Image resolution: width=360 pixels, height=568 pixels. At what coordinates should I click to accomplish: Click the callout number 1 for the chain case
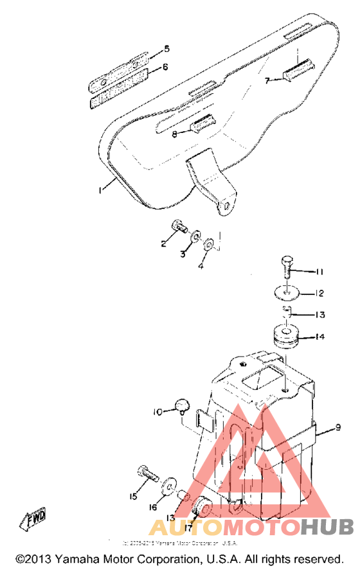pyautogui.click(x=101, y=190)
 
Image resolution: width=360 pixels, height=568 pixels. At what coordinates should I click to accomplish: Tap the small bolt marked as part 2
pyautogui.click(x=178, y=226)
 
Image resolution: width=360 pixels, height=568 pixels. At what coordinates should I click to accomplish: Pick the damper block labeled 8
pyautogui.click(x=205, y=124)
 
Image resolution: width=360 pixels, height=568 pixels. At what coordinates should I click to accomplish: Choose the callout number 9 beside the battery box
pyautogui.click(x=337, y=427)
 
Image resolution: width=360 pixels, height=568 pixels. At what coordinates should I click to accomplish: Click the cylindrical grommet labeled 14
pyautogui.click(x=285, y=338)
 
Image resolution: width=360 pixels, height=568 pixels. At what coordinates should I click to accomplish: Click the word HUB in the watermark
pyautogui.click(x=328, y=528)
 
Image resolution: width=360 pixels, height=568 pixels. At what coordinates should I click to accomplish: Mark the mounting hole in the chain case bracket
pyautogui.click(x=226, y=206)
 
